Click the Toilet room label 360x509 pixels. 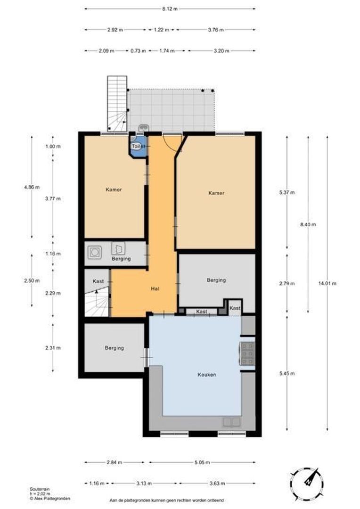pyautogui.click(x=137, y=147)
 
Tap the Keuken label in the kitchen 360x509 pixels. pyautogui.click(x=207, y=375)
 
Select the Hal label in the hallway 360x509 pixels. pyautogui.click(x=154, y=288)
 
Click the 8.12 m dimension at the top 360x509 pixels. pyautogui.click(x=170, y=8)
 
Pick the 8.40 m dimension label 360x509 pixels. pyautogui.click(x=308, y=224)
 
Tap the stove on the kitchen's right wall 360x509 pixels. pyautogui.click(x=247, y=353)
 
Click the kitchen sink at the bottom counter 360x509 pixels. pyautogui.click(x=231, y=422)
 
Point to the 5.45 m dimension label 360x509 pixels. pyautogui.click(x=286, y=374)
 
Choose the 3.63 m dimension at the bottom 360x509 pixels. pyautogui.click(x=216, y=483)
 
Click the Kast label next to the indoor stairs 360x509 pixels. pyautogui.click(x=98, y=281)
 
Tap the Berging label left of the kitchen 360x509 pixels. pyautogui.click(x=115, y=348)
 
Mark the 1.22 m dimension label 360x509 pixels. pyautogui.click(x=162, y=30)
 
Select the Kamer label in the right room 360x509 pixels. pyautogui.click(x=216, y=193)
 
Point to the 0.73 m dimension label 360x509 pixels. pyautogui.click(x=138, y=51)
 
